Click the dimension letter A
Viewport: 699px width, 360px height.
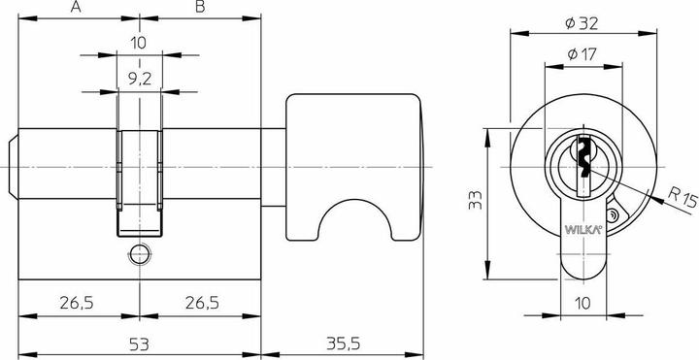point(75,9)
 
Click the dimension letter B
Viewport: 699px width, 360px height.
point(199,9)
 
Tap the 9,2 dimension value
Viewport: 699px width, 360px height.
point(140,81)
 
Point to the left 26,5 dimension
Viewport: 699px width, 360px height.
point(75,304)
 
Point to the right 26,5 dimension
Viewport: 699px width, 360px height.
point(199,304)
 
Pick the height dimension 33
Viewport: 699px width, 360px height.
point(471,202)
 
